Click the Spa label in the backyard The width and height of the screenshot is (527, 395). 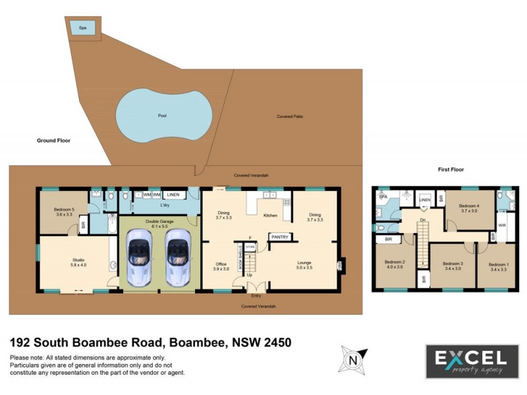pyautogui.click(x=83, y=28)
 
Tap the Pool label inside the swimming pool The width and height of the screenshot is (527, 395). pyautogui.click(x=162, y=116)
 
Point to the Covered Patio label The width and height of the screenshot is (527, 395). pyautogui.click(x=290, y=117)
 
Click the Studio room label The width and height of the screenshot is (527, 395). pyautogui.click(x=78, y=263)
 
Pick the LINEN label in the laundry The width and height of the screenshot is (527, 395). pyautogui.click(x=173, y=195)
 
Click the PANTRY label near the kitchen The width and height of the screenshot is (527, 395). pyautogui.click(x=279, y=236)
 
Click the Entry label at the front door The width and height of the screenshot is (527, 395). pyautogui.click(x=256, y=296)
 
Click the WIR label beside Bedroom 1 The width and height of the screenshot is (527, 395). pyautogui.click(x=502, y=225)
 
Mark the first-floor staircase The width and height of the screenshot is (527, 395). pyautogui.click(x=422, y=242)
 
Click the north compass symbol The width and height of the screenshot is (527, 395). pyautogui.click(x=354, y=359)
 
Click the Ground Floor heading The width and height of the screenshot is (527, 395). pyautogui.click(x=53, y=140)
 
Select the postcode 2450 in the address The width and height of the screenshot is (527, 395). pyautogui.click(x=273, y=342)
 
